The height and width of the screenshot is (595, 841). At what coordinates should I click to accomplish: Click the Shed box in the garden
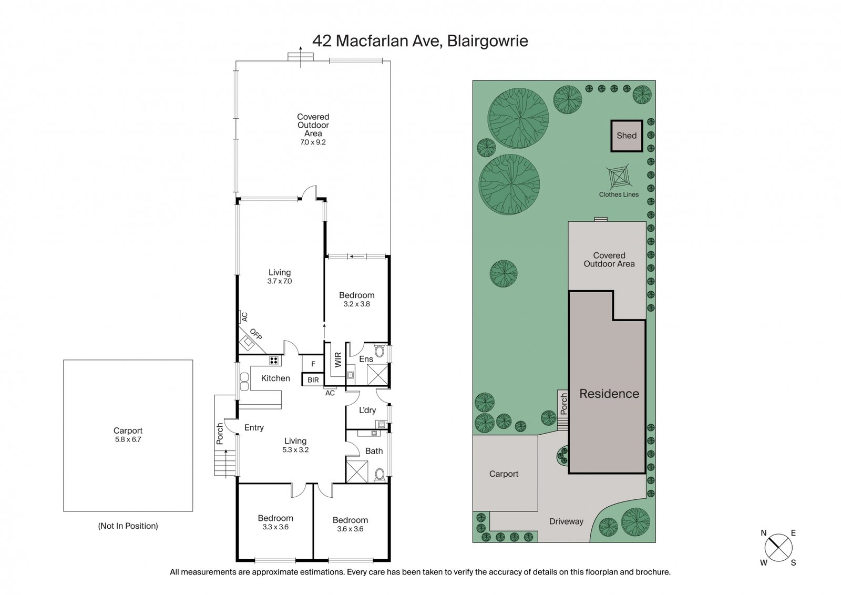tap(627, 136)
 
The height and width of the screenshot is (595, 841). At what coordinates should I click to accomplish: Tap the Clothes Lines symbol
tap(618, 179)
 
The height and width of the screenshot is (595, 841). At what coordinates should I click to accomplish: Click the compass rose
tap(778, 548)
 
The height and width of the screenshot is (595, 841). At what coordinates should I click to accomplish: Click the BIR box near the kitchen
tap(313, 379)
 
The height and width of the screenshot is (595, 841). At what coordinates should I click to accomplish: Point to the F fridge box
tap(313, 364)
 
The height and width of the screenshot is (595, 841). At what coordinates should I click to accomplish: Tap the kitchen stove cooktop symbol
tap(274, 361)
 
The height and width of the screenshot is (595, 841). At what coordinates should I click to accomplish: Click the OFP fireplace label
tap(256, 334)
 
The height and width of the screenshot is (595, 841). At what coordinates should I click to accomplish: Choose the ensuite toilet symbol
tap(381, 351)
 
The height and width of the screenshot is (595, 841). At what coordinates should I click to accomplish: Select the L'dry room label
tap(367, 410)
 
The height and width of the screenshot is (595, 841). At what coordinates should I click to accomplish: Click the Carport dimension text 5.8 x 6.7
tap(128, 439)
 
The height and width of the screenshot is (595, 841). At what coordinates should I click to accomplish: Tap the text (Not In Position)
tap(128, 526)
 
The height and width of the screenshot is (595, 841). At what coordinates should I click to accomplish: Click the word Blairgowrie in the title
tap(487, 41)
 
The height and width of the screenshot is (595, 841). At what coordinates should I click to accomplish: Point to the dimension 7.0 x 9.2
tap(313, 142)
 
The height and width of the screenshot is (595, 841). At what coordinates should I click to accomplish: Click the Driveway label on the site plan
tap(566, 521)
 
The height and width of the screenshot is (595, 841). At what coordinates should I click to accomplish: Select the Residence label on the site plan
tap(609, 394)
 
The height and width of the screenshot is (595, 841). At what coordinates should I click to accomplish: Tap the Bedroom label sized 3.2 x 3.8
tap(357, 295)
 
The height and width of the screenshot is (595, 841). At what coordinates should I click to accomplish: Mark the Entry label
tap(254, 428)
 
